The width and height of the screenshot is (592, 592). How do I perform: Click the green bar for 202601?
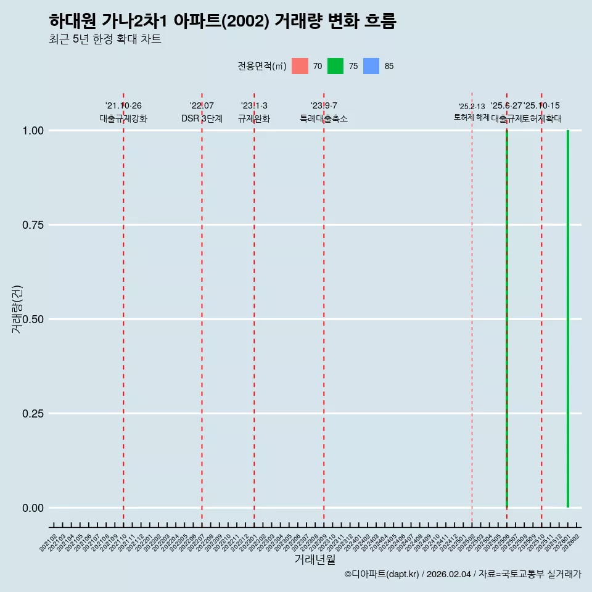[x=568, y=319]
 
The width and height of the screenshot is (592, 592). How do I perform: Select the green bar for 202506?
[x=507, y=319]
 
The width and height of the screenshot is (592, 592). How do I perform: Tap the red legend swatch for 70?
[x=300, y=66]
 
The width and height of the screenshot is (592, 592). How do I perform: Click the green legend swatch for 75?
[x=335, y=66]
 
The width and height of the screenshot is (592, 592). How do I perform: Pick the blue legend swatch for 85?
[x=371, y=66]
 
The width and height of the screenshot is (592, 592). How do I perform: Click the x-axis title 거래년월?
[x=315, y=560]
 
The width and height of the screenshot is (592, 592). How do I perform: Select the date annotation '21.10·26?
[x=123, y=106]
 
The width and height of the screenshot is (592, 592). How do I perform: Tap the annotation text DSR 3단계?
[x=202, y=118]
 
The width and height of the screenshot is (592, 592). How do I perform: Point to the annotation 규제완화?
[x=254, y=118]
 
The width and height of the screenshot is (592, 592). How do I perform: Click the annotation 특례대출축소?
[x=324, y=118]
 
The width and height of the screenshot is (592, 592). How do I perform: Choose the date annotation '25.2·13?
[x=472, y=107]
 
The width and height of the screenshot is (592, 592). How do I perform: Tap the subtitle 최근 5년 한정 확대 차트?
[x=105, y=39]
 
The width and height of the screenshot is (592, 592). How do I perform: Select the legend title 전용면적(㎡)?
[x=261, y=66]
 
